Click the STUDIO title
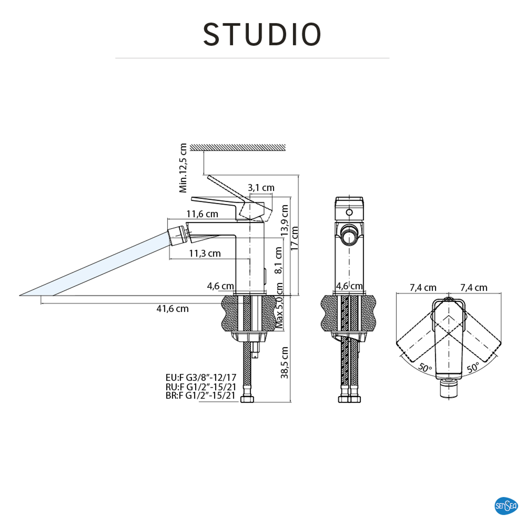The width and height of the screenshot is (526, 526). [262, 34]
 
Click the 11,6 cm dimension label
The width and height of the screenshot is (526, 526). [202, 214]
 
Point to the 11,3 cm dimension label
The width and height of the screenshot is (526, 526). [205, 254]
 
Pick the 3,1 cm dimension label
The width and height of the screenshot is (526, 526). [261, 188]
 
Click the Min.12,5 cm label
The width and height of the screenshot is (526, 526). [183, 168]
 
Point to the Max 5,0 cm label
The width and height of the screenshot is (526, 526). [279, 305]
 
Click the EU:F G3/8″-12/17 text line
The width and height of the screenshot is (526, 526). [201, 378]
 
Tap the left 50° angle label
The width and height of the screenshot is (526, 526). [425, 368]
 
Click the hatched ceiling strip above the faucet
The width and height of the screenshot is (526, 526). [237, 147]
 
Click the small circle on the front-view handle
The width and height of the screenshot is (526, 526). [349, 212]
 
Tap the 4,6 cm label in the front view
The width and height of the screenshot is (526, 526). [349, 286]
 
